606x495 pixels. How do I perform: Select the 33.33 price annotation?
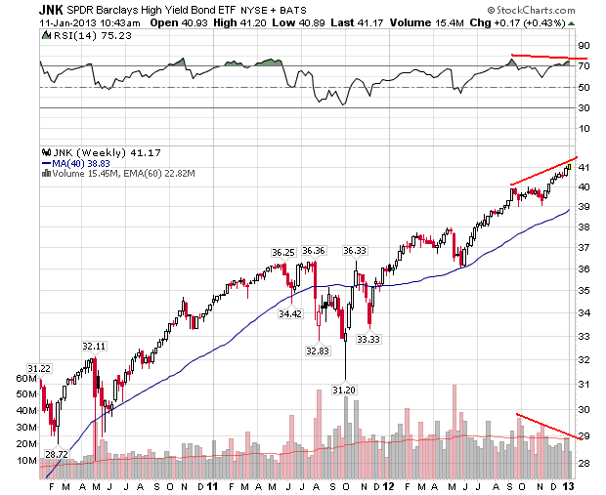(368, 339)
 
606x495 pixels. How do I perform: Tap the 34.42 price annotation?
(290, 314)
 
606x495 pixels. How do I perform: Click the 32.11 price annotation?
(93, 346)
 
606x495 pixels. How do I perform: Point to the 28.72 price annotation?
(56, 454)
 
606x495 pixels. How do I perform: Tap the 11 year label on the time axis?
(212, 486)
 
